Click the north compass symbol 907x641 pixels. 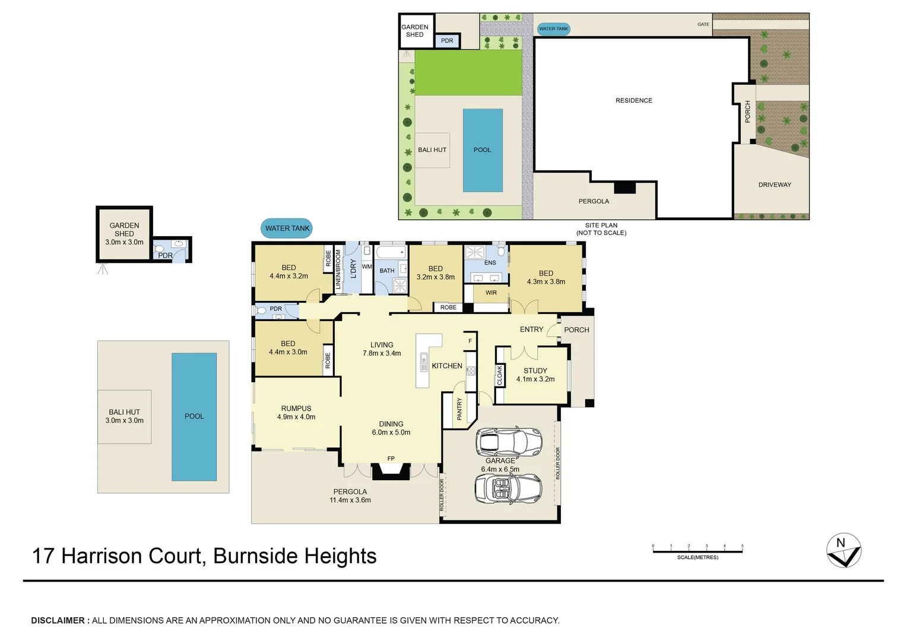(843, 551)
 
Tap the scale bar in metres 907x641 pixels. (697, 551)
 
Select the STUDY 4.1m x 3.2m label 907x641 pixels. (535, 375)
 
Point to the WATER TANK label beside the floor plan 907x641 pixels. (287, 229)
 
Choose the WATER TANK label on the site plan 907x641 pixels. (553, 28)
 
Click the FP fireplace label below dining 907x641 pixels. (391, 458)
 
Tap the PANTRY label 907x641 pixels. (459, 409)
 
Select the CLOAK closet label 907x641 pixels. (500, 375)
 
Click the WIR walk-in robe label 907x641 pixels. (491, 293)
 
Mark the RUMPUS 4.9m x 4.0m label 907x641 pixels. (296, 412)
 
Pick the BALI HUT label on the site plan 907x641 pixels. (432, 150)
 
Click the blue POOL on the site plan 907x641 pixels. (483, 150)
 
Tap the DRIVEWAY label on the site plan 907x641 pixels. (774, 185)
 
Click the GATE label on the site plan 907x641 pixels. (703, 24)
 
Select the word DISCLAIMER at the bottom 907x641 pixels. (58, 620)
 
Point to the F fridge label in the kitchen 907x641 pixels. (470, 341)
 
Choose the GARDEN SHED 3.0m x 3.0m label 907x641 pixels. (124, 234)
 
